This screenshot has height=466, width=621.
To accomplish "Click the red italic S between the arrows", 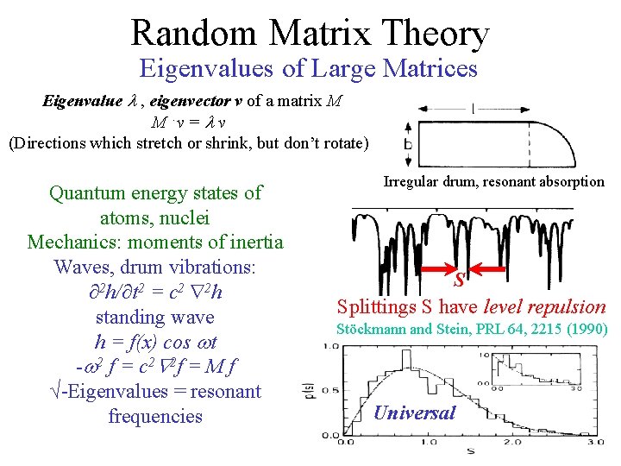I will (460, 280).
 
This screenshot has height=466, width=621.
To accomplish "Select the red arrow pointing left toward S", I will (431, 270).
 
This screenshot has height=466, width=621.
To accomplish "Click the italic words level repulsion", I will (545, 306).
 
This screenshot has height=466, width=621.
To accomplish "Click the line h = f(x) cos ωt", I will (155, 342).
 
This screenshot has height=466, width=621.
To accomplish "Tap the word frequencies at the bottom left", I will (155, 416).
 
